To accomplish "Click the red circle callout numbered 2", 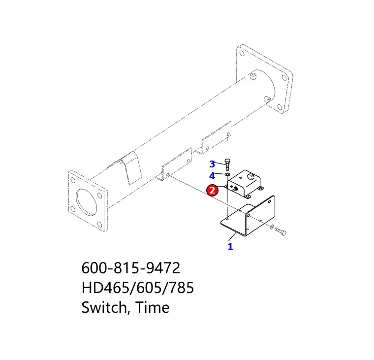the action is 213,190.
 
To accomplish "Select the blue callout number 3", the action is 212,164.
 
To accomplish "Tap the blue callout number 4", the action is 212,175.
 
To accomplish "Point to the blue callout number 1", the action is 230,246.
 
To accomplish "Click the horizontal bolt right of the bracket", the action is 280,230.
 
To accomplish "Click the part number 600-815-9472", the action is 130,269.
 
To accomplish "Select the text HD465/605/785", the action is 137,288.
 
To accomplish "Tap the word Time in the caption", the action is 153,308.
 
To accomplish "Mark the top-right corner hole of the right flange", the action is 284,75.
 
